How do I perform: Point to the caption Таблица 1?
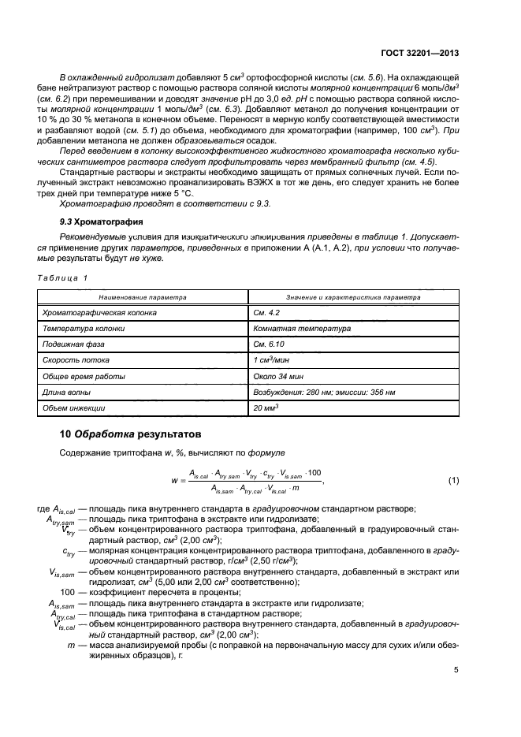point(64,277)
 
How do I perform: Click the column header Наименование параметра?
point(143,297)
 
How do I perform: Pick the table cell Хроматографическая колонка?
point(99,313)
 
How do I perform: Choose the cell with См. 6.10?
point(268,344)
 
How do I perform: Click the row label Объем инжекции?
point(73,408)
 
